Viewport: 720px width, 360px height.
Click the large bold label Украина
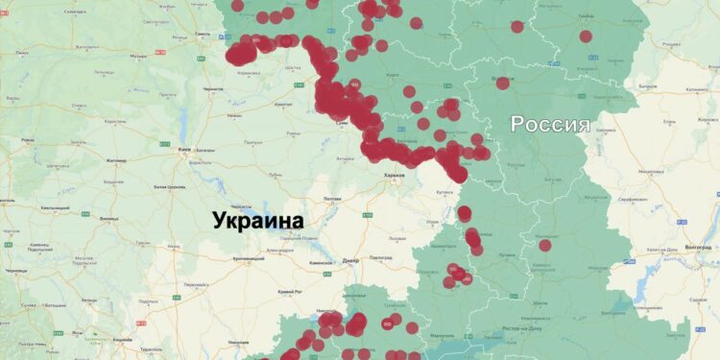pyautogui.click(x=257, y=220)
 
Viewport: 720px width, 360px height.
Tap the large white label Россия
pyautogui.click(x=549, y=124)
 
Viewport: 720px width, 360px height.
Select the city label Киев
pyautogui.click(x=184, y=150)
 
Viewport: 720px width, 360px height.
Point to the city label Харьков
pyautogui.click(x=394, y=176)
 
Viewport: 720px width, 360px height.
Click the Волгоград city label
pyautogui.click(x=695, y=247)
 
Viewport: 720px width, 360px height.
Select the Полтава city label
pyautogui.click(x=333, y=198)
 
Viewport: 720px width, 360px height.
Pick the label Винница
pyautogui.click(x=112, y=218)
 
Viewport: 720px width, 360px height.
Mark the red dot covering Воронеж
pyautogui.click(x=502, y=84)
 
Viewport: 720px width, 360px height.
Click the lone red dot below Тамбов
pyautogui.click(x=586, y=36)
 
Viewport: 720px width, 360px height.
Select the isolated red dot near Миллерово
pyautogui.click(x=545, y=245)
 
